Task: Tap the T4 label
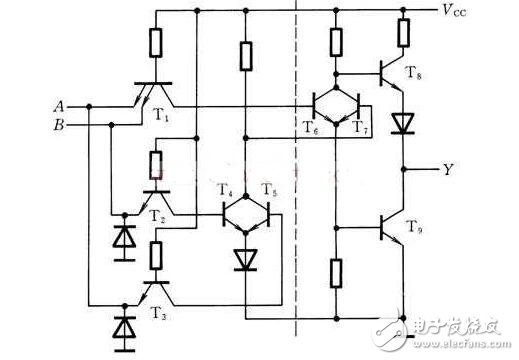[227, 190]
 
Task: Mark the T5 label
[268, 190]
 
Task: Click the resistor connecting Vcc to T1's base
[155, 42]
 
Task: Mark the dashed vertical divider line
[297, 180]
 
